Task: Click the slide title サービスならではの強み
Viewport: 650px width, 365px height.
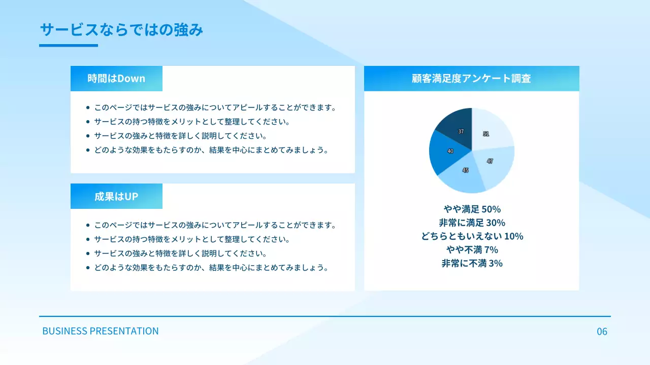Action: (x=121, y=30)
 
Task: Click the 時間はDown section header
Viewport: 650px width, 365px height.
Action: (x=116, y=79)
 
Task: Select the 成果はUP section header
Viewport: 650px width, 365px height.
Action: (x=116, y=196)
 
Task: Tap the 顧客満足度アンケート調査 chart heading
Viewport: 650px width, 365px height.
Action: (x=471, y=79)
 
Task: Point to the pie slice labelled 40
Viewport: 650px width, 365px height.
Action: (x=445, y=152)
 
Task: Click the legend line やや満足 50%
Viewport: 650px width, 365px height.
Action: (x=472, y=209)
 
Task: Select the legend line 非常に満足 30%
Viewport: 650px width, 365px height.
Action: (x=472, y=223)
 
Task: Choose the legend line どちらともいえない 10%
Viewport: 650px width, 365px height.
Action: (x=472, y=236)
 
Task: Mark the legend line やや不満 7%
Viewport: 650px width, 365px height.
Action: (x=472, y=249)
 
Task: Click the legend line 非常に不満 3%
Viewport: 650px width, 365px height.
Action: (x=472, y=263)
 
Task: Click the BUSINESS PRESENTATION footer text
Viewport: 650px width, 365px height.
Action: (x=101, y=331)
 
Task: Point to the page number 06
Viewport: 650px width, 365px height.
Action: (x=602, y=332)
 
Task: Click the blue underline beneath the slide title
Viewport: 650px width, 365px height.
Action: (x=69, y=46)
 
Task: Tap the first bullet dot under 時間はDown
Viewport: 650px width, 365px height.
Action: (x=88, y=107)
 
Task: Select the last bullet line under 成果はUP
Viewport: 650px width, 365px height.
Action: (x=211, y=268)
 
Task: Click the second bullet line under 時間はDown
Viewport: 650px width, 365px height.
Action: (x=192, y=122)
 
